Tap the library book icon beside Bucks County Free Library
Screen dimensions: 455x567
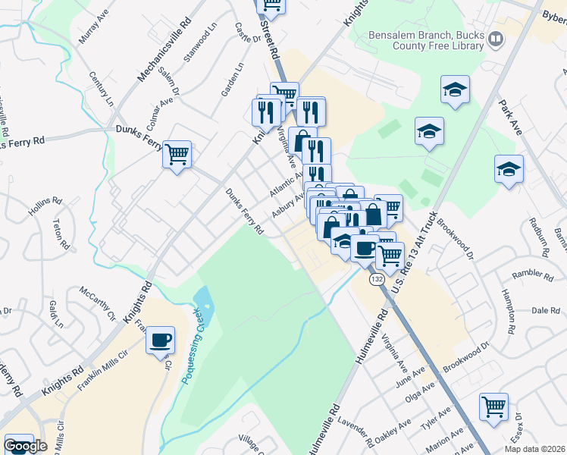pos(495,38)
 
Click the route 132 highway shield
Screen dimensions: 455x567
pos(377,280)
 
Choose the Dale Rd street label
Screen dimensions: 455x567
pos(539,310)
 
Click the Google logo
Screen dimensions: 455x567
pos(25,446)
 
